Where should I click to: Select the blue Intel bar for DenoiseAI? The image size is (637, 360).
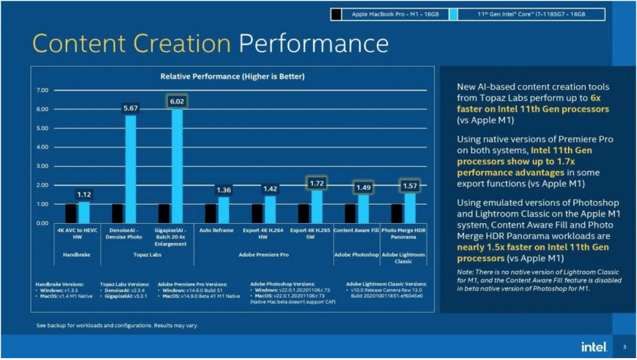[131, 168]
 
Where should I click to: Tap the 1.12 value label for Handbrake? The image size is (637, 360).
[84, 195]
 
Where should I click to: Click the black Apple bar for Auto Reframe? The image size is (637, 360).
[211, 213]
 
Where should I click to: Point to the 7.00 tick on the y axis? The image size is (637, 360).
[42, 90]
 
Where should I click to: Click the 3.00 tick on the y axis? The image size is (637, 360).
[42, 166]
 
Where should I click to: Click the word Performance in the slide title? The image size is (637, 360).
[314, 44]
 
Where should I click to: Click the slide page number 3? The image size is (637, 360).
[624, 346]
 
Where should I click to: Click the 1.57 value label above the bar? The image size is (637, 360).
[410, 185]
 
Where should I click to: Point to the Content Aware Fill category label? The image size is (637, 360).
[356, 231]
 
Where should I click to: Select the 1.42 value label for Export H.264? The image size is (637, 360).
[270, 189]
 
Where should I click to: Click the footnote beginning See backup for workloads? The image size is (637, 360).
[118, 325]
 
